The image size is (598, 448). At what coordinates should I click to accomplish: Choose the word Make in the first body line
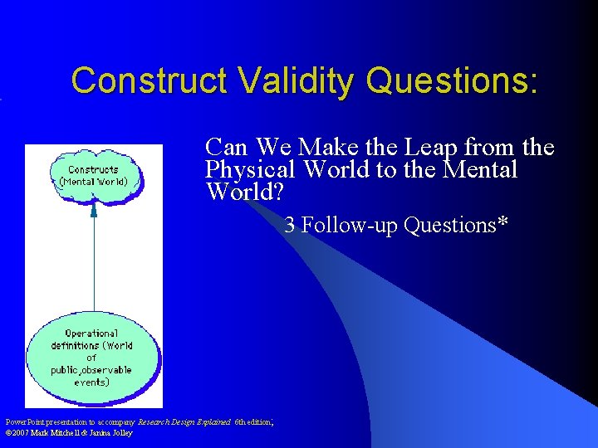326,148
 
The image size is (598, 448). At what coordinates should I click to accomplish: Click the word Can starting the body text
227,148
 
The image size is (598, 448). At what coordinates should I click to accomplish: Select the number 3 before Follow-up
290,225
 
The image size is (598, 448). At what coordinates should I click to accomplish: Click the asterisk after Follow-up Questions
502,225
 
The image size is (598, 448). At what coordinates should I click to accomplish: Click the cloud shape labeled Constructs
94,176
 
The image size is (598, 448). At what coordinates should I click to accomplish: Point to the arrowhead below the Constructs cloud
94,209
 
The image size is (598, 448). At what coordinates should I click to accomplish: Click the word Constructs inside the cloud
93,170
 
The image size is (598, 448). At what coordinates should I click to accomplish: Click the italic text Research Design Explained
184,421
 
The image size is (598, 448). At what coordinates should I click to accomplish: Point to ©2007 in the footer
17,432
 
